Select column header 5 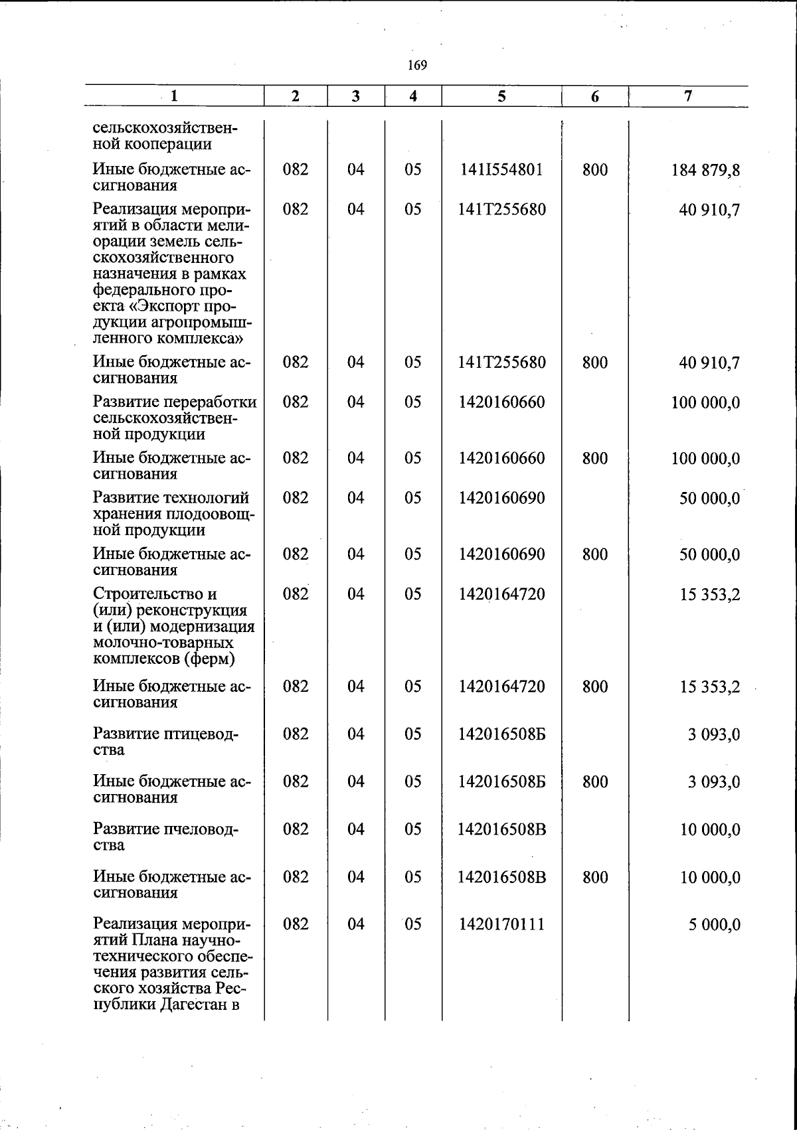click(x=501, y=96)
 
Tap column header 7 click(x=689, y=96)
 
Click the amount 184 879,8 click(x=705, y=171)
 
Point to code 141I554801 click(x=501, y=170)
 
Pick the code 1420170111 click(x=501, y=924)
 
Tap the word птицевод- click(x=199, y=734)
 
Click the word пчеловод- click(x=200, y=830)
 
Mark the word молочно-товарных click(x=163, y=643)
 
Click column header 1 click(x=174, y=96)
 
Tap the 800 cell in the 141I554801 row click(x=595, y=170)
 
